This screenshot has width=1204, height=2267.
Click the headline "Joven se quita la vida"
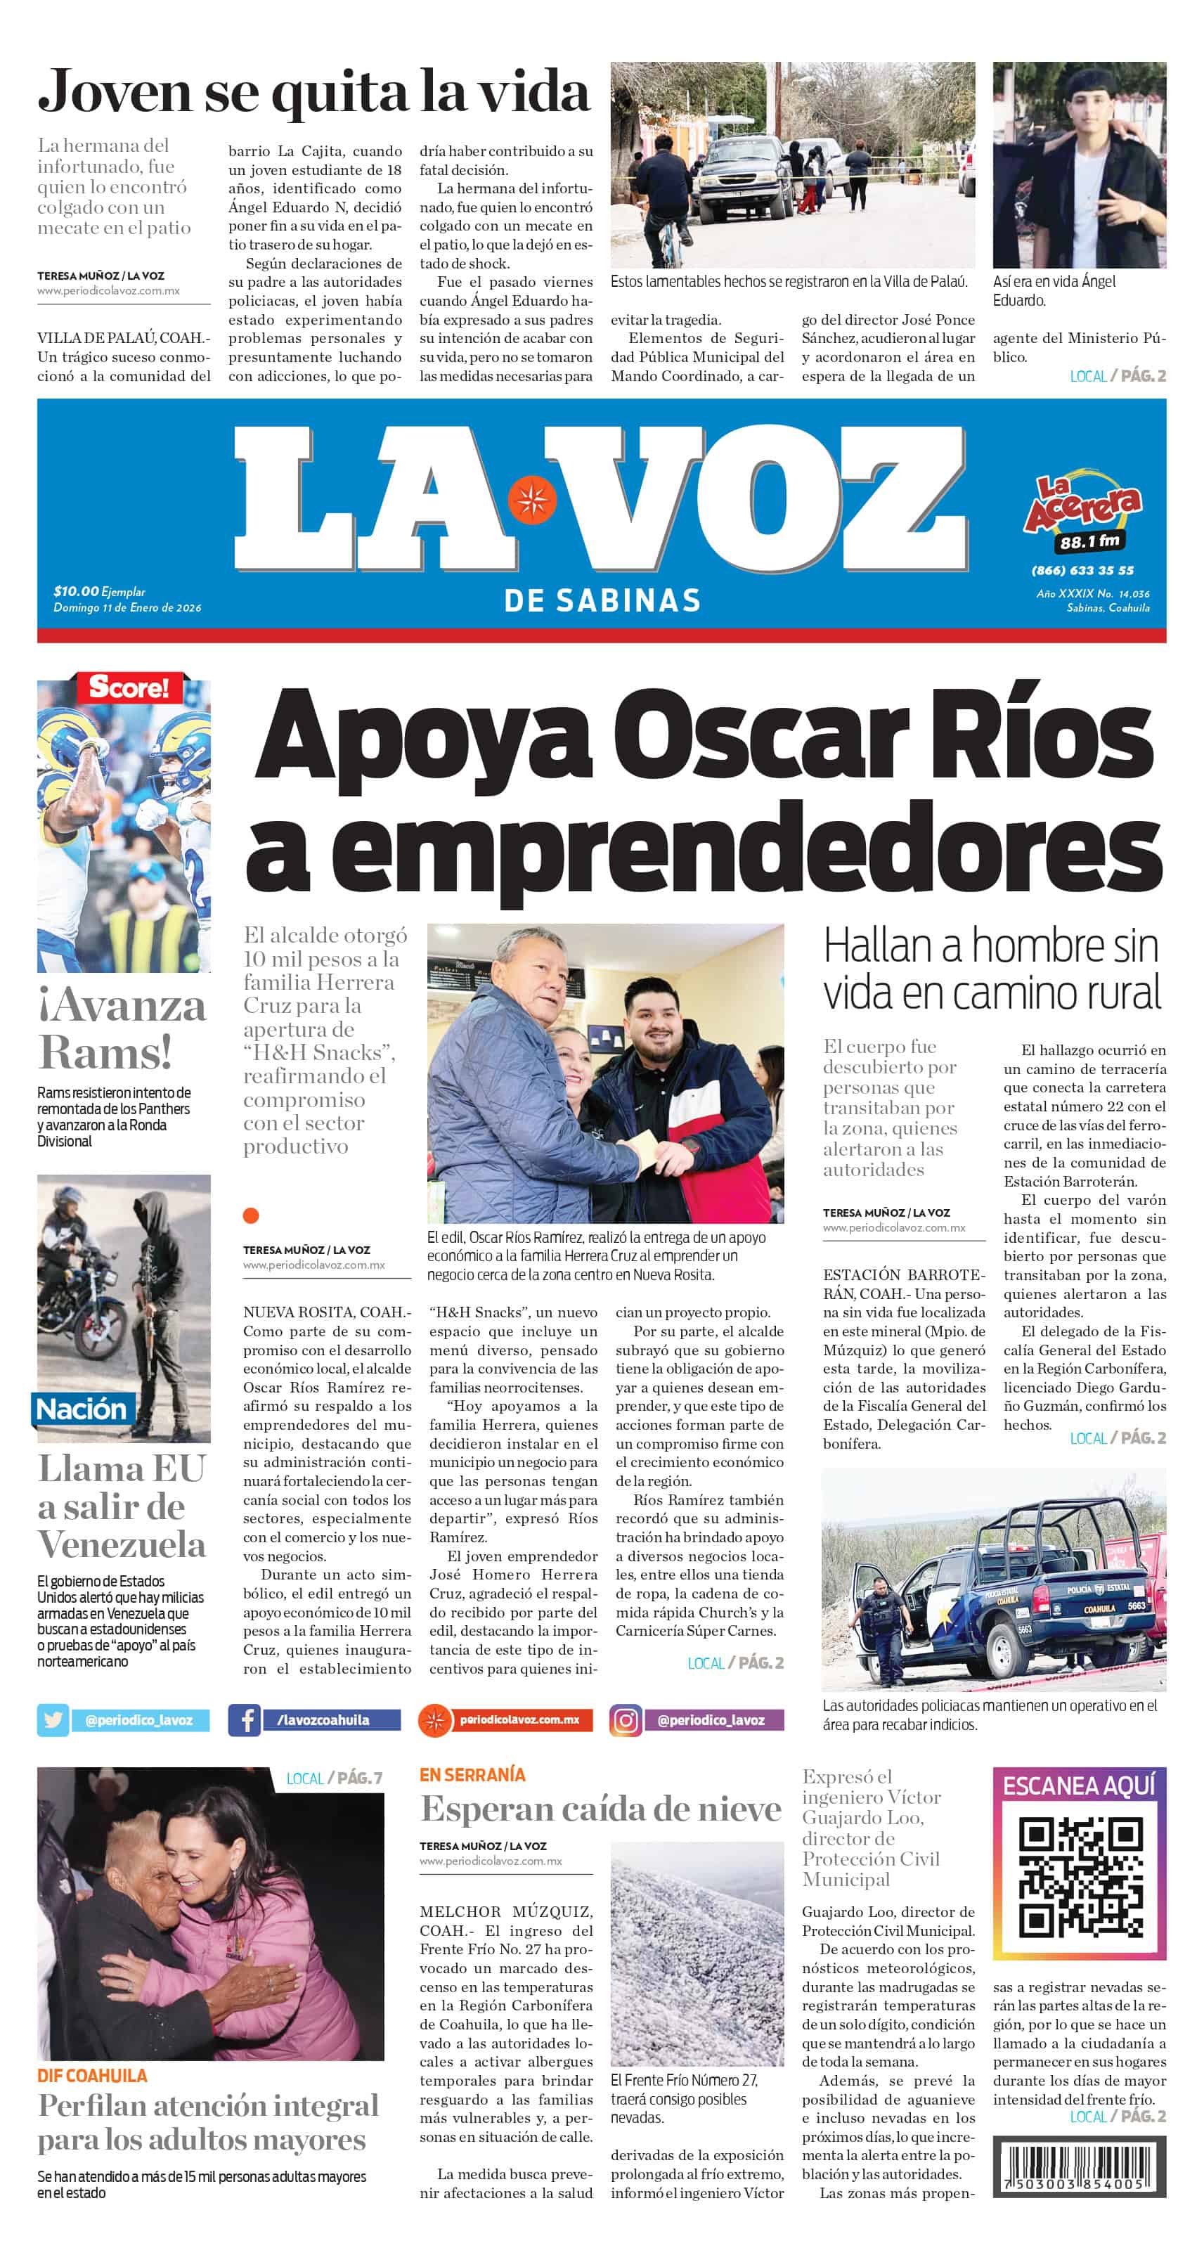pos(313,92)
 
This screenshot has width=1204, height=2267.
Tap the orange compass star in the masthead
pos(531,500)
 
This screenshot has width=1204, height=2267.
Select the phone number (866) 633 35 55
pos(1082,570)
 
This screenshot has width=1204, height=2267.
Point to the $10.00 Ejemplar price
pos(99,591)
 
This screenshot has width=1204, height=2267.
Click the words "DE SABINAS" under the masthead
pos(602,601)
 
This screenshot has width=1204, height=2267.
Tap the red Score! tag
pos(129,687)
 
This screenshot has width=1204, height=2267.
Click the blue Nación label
pos(81,1409)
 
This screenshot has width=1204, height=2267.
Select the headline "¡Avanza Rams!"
pos(122,1028)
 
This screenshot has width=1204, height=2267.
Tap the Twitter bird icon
pos(53,1719)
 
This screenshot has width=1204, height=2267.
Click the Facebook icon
pos(244,1719)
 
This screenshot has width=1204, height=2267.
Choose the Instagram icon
pos(626,1719)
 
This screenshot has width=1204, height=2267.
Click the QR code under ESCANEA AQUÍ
pos(1080,1878)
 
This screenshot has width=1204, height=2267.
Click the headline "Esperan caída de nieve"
pos(601,1809)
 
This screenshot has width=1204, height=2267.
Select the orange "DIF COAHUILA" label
pos(92,2075)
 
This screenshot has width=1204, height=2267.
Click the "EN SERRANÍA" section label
pos(472,1775)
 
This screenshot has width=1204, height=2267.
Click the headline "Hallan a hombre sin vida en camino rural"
pos(992,969)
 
